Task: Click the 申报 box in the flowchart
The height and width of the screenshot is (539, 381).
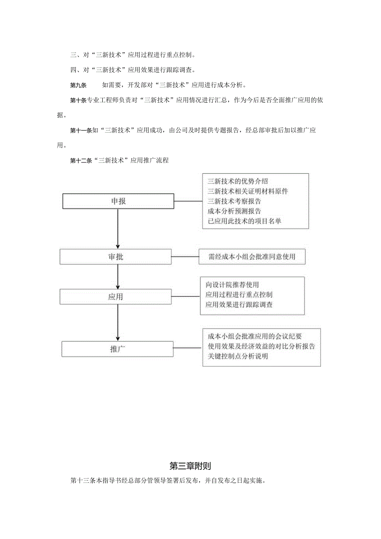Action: pos(118,201)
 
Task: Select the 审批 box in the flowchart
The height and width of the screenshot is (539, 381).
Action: pos(116,257)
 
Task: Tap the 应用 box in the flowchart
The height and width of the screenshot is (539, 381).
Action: pos(116,297)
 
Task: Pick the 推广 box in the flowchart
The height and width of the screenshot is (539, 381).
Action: pos(118,349)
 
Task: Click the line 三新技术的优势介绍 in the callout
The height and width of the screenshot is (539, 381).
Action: pos(238,181)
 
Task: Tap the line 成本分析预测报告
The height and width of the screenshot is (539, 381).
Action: pos(234,211)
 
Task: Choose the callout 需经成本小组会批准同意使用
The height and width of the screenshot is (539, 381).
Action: pos(252,257)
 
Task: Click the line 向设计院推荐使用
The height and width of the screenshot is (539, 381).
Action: pos(232,285)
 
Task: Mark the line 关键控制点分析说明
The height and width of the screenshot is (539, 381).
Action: pos(238,356)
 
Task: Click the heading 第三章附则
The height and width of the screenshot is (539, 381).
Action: pos(190,466)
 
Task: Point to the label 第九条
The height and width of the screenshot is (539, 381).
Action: pos(78,86)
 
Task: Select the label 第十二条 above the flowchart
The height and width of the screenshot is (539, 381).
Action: pos(82,160)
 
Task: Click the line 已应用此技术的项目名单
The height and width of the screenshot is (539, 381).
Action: pos(244,221)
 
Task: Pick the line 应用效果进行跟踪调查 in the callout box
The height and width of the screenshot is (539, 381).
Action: pos(239,305)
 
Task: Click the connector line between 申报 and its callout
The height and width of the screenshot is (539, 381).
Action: pos(188,201)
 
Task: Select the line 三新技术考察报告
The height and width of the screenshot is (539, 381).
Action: pos(234,201)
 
